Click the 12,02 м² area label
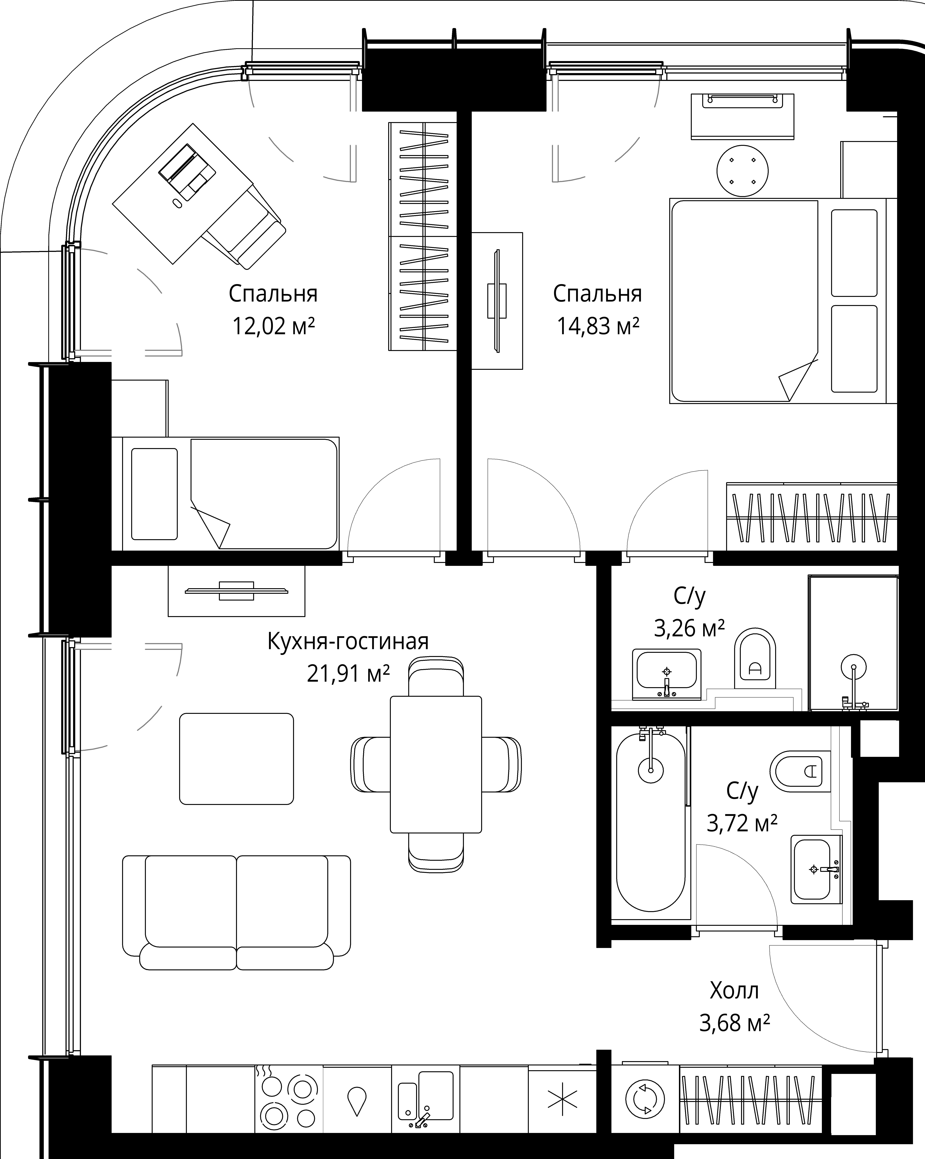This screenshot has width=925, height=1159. pos(273,326)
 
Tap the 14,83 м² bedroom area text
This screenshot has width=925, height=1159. pos(598,326)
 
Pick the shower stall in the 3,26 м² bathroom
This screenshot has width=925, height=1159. pos(853,644)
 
